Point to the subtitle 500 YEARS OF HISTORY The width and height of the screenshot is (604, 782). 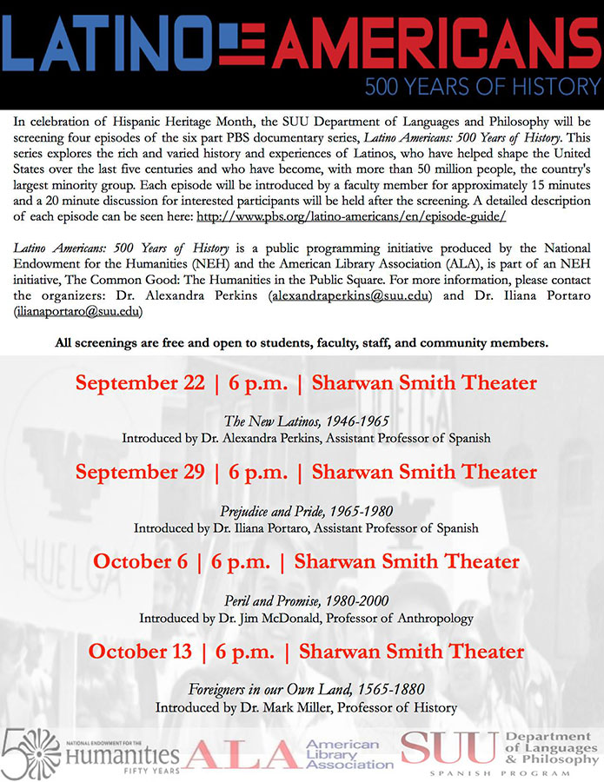pyautogui.click(x=482, y=87)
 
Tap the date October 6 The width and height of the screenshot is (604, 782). pyautogui.click(x=141, y=561)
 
